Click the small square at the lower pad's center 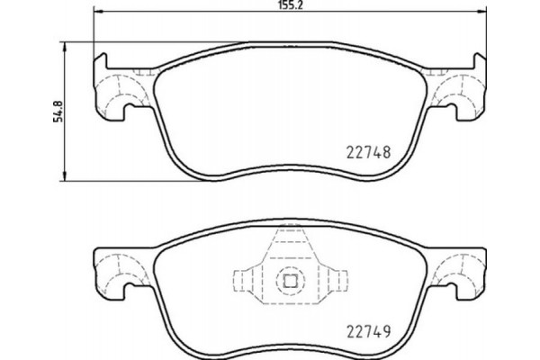[289, 280]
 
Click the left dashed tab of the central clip [246, 281]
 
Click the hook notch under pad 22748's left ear [126, 112]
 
